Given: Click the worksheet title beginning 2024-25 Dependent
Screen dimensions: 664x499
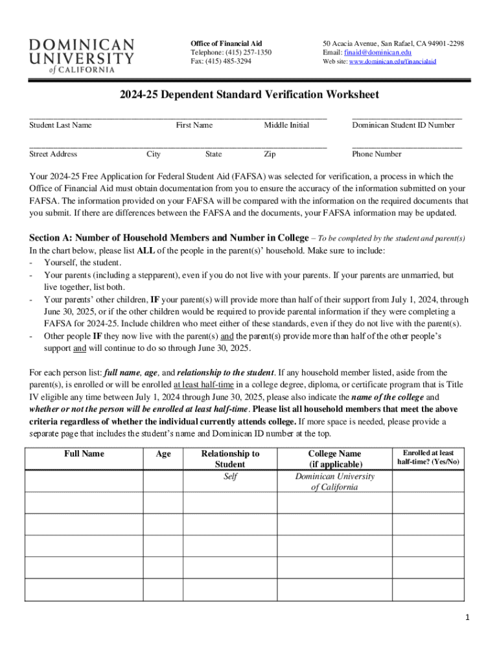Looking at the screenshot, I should tap(249, 95).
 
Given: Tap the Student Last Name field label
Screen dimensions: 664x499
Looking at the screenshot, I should tap(61, 125).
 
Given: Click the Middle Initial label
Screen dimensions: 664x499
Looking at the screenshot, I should tap(286, 125).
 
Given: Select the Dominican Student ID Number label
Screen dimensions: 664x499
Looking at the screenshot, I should tap(403, 125).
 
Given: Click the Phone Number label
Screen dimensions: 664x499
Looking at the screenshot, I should tap(377, 154).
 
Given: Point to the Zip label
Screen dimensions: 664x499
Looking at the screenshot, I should tap(270, 154).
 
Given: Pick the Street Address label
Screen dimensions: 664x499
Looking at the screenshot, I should tap(53, 154).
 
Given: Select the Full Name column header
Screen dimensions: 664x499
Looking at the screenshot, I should tap(84, 454).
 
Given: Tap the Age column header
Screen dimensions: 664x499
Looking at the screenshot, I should tap(163, 454).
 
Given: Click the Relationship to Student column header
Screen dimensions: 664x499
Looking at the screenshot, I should tap(230, 459).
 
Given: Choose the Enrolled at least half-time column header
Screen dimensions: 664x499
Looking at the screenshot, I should tap(428, 458).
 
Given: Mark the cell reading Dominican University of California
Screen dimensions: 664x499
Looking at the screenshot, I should tap(334, 482).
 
